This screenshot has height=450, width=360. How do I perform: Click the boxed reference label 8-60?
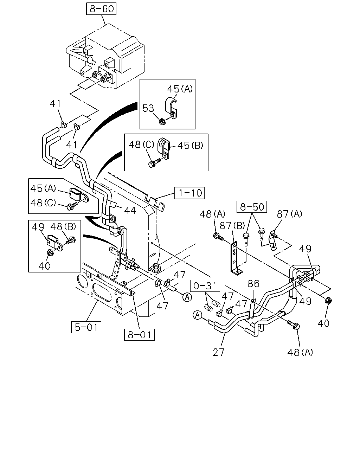tap(101, 9)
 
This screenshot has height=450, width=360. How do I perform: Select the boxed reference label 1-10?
tap(189, 193)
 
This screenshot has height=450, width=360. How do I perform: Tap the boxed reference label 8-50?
tap(252, 207)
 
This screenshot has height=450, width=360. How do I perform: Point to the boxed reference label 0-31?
tap(205, 285)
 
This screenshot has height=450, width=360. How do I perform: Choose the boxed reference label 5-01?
tap(86, 327)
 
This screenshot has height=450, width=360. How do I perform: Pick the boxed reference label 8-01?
tap(139, 335)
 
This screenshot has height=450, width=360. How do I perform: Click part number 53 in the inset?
tap(148, 108)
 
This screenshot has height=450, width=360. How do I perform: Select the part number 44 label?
tap(130, 210)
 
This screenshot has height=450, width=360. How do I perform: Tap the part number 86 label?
tap(253, 284)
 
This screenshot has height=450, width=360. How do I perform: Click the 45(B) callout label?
tap(190, 146)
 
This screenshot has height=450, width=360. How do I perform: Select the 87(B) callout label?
tap(232, 226)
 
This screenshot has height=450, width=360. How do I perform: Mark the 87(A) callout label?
tap(290, 214)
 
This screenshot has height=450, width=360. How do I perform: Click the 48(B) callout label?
tap(63, 226)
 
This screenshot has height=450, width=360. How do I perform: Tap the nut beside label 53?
tap(162, 122)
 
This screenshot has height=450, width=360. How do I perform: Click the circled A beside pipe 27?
tap(197, 315)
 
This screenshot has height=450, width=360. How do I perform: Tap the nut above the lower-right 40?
tap(328, 301)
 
